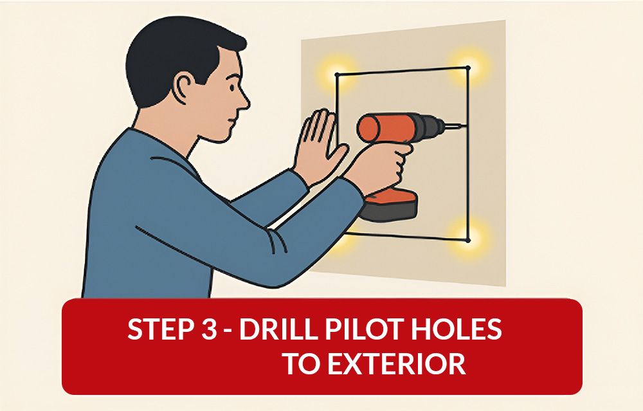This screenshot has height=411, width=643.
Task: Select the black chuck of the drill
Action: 428,126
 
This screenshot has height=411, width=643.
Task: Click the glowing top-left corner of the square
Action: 337,75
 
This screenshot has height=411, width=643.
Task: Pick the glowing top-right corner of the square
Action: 468,68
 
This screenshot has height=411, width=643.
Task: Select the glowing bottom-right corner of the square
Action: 469,240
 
